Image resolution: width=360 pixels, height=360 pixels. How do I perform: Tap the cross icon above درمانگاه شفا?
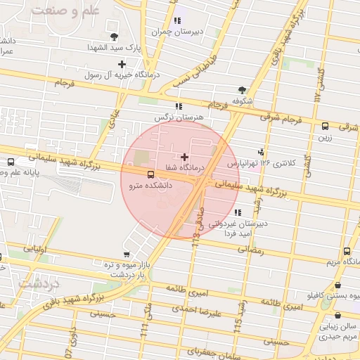coord(184,157)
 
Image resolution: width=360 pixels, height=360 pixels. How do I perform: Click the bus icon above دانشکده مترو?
coord(150,174)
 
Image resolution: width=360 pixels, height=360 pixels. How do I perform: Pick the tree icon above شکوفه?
coord(243,90)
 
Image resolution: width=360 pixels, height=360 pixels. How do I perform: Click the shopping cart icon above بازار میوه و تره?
coord(126,254)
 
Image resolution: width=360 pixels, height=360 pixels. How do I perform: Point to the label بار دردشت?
coord(126,276)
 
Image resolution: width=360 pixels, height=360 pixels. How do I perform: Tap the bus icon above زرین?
coord(325,127)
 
